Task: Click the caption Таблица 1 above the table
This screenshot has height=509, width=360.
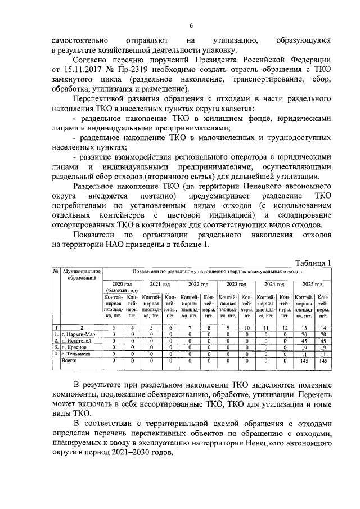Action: coord(313,262)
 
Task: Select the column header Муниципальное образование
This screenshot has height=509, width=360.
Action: coord(82,274)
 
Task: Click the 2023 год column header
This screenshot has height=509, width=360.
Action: coord(236,284)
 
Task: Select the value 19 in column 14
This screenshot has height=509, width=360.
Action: coord(323,348)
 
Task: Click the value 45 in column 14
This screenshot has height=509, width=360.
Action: coord(323,341)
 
